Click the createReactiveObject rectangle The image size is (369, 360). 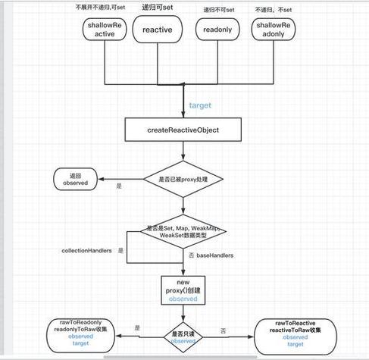point(182,130)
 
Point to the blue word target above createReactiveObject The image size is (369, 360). point(199,105)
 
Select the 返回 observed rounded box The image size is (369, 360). point(76,179)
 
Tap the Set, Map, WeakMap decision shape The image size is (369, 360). point(185,232)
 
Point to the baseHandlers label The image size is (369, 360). point(214,255)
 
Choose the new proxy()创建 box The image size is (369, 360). point(182,290)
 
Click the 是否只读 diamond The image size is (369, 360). point(182,336)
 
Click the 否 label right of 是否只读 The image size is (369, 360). point(222,330)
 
